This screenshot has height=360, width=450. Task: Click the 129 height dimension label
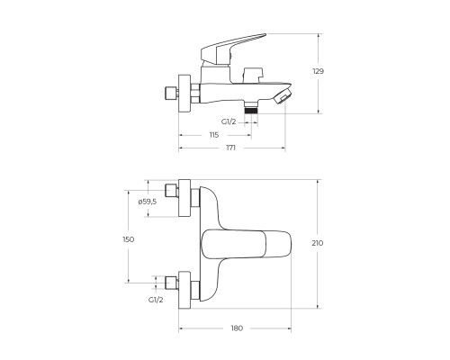319,71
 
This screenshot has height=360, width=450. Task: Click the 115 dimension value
214,135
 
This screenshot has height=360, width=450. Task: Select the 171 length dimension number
231,148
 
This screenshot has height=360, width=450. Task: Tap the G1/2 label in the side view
229,121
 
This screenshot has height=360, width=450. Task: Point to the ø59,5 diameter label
148,202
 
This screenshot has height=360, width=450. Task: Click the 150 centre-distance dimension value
129,239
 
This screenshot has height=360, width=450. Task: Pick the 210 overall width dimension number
318,243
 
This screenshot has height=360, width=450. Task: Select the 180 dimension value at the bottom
237,328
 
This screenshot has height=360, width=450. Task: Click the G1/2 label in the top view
156,300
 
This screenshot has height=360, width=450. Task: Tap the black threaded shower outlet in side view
251,111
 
